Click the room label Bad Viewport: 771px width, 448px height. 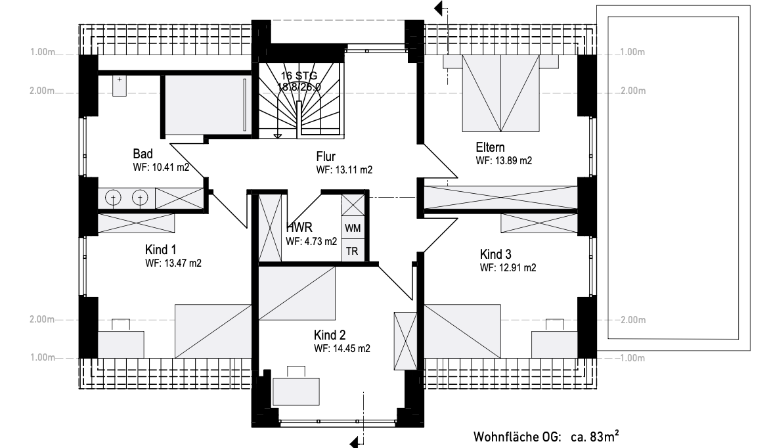[143, 154]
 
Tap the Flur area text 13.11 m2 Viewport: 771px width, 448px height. [353, 170]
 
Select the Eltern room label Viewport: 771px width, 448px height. [490, 147]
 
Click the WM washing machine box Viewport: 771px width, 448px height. [353, 228]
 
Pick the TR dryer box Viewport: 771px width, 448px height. [353, 251]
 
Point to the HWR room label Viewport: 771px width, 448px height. [299, 227]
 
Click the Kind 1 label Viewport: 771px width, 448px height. [160, 250]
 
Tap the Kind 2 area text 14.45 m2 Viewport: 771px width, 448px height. [351, 349]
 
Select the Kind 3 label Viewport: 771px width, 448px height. [496, 254]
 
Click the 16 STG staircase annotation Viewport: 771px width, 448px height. [299, 76]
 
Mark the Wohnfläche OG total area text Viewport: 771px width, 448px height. [546, 436]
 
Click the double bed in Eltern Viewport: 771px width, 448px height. [500, 93]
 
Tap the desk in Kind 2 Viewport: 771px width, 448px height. [296, 392]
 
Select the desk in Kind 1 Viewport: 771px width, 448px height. [121, 344]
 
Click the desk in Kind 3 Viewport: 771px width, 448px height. [554, 344]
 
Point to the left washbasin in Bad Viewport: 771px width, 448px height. [113, 198]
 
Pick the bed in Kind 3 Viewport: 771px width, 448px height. [462, 331]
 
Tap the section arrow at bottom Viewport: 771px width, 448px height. [357, 441]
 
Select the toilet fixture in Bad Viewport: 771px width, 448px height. [119, 85]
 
